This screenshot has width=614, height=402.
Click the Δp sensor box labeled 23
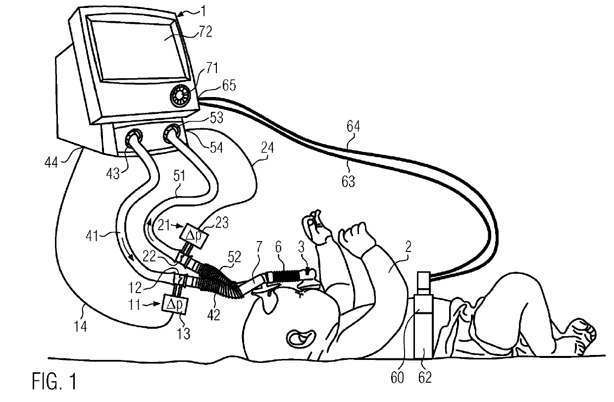[191, 233]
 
